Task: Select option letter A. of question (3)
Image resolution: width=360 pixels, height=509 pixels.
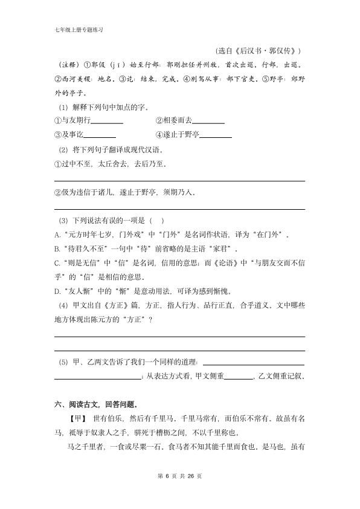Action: (57, 234)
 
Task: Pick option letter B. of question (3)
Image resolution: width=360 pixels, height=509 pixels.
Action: (57, 248)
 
